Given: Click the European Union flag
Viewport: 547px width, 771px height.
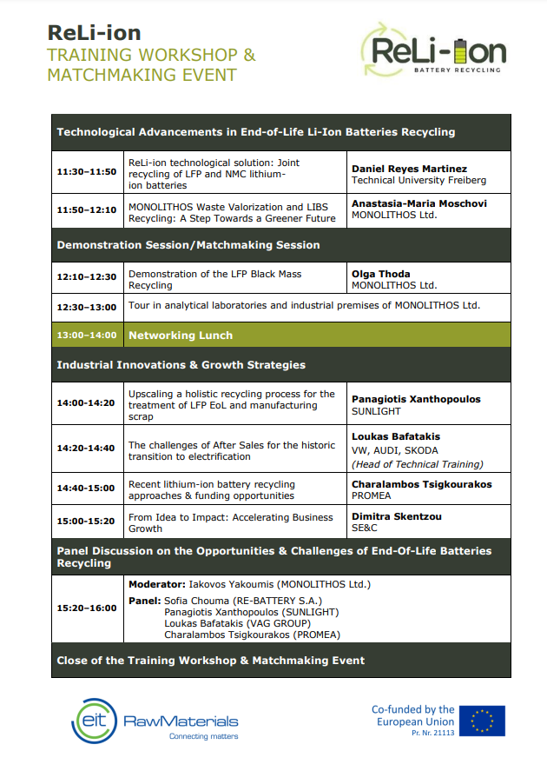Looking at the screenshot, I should [483, 721].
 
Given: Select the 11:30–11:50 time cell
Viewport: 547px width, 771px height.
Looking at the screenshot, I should [86, 172].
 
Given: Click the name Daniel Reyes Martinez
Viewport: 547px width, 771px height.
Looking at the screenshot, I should [409, 169].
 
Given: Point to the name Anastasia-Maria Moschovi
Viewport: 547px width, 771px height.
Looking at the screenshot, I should [418, 203].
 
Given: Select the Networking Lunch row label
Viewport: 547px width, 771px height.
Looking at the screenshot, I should [181, 335].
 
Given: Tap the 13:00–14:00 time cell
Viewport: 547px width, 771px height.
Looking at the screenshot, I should [86, 335].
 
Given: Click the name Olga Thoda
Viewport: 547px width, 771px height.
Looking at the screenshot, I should [380, 274].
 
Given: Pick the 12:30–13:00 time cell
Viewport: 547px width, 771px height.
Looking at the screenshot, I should [86, 306].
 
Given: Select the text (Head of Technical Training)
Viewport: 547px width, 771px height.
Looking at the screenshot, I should [418, 464].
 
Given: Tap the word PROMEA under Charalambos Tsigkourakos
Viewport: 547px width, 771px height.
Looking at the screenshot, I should [372, 495].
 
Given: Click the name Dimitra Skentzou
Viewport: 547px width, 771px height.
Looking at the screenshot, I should [397, 516].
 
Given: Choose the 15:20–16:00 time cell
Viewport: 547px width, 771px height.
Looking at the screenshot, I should [86, 608].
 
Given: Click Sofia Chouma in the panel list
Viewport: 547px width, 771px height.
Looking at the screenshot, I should [196, 601].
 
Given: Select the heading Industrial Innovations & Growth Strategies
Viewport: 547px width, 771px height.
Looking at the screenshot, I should [181, 365].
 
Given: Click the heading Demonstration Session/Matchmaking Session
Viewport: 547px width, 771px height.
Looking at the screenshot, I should [188, 245].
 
